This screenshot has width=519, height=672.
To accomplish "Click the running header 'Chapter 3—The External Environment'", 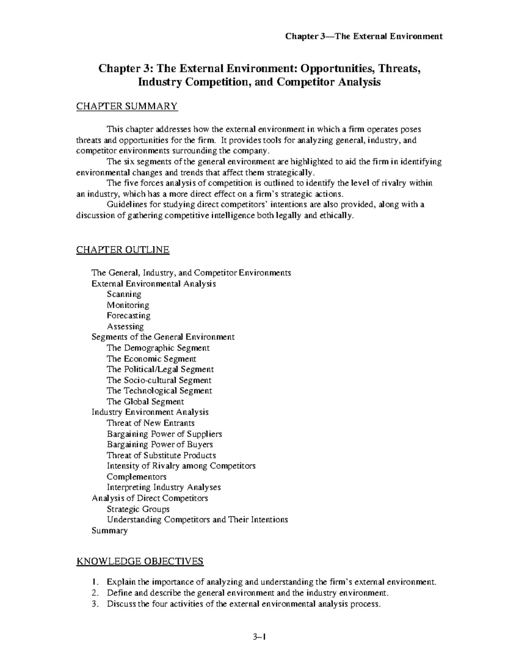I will coord(363,36).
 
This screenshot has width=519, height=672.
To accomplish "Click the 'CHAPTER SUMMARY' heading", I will coord(127,106).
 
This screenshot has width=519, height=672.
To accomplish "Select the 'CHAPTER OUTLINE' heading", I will coord(123,250).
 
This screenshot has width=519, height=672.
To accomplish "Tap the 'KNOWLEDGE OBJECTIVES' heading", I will coord(140,562).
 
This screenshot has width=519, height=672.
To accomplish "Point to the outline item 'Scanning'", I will coord(124,294).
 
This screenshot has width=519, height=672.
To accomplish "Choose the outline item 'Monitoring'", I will coord(128,305).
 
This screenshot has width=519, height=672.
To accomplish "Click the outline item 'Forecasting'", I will coord(128,316).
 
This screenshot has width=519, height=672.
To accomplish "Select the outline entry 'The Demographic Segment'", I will coord(158,348).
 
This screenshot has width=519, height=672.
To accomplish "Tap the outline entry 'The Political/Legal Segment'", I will coord(160,369).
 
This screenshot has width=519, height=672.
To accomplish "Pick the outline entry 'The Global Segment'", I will coord(145,402).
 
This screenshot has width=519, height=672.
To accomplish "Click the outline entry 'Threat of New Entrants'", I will coord(151,423).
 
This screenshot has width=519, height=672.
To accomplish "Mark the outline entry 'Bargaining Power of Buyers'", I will coord(160,444).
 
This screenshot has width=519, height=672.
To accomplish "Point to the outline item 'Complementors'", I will coord(136,477).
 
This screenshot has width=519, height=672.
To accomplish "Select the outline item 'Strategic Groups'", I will coord(138,509).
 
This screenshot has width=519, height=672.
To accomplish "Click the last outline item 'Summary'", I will coord(109,531).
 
